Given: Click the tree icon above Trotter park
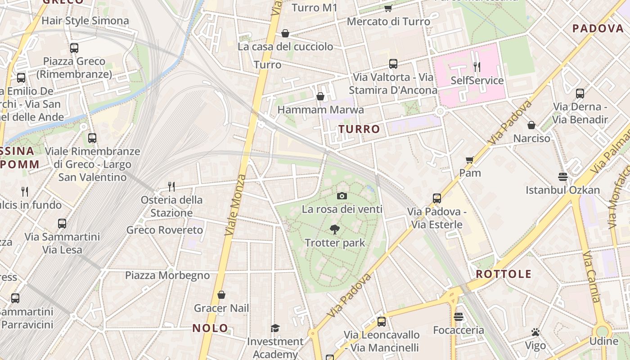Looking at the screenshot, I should (x=334, y=229).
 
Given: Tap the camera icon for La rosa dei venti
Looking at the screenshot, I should (x=342, y=196).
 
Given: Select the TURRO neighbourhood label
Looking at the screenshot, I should (x=359, y=130).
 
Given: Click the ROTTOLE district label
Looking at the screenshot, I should (x=504, y=274).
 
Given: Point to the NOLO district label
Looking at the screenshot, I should (x=210, y=328).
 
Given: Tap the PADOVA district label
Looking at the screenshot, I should (x=598, y=29).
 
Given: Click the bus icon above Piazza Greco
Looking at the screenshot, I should (x=74, y=48).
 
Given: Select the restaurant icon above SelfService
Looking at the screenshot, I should (x=477, y=67).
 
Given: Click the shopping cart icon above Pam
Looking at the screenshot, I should (x=470, y=160).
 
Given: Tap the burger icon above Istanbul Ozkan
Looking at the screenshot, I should (x=562, y=176).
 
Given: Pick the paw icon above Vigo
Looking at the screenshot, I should (x=535, y=332).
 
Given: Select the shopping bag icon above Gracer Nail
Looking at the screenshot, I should (x=221, y=295).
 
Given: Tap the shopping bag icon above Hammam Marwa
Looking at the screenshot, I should (x=320, y=96).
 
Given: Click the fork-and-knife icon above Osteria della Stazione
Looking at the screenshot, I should (x=171, y=186).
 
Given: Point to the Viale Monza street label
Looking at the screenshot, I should (x=236, y=205).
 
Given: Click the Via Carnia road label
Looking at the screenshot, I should (x=592, y=276).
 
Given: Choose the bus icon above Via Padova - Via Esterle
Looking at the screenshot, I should (x=436, y=198).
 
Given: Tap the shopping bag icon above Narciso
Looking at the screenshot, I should (x=531, y=125).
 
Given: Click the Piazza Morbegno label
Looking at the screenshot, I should (x=167, y=275).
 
